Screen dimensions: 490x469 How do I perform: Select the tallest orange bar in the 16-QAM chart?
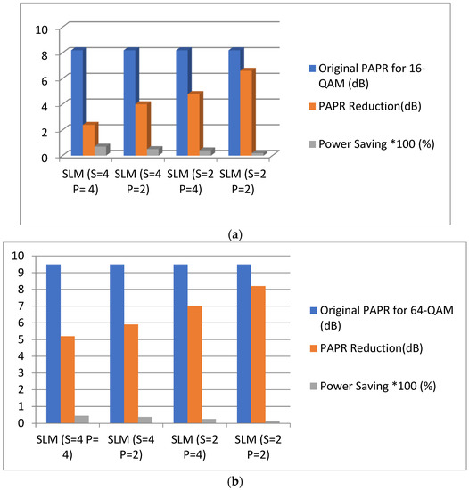(245, 112)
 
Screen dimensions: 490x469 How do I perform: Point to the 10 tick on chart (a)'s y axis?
(40, 29)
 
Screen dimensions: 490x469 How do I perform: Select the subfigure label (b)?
(234, 480)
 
